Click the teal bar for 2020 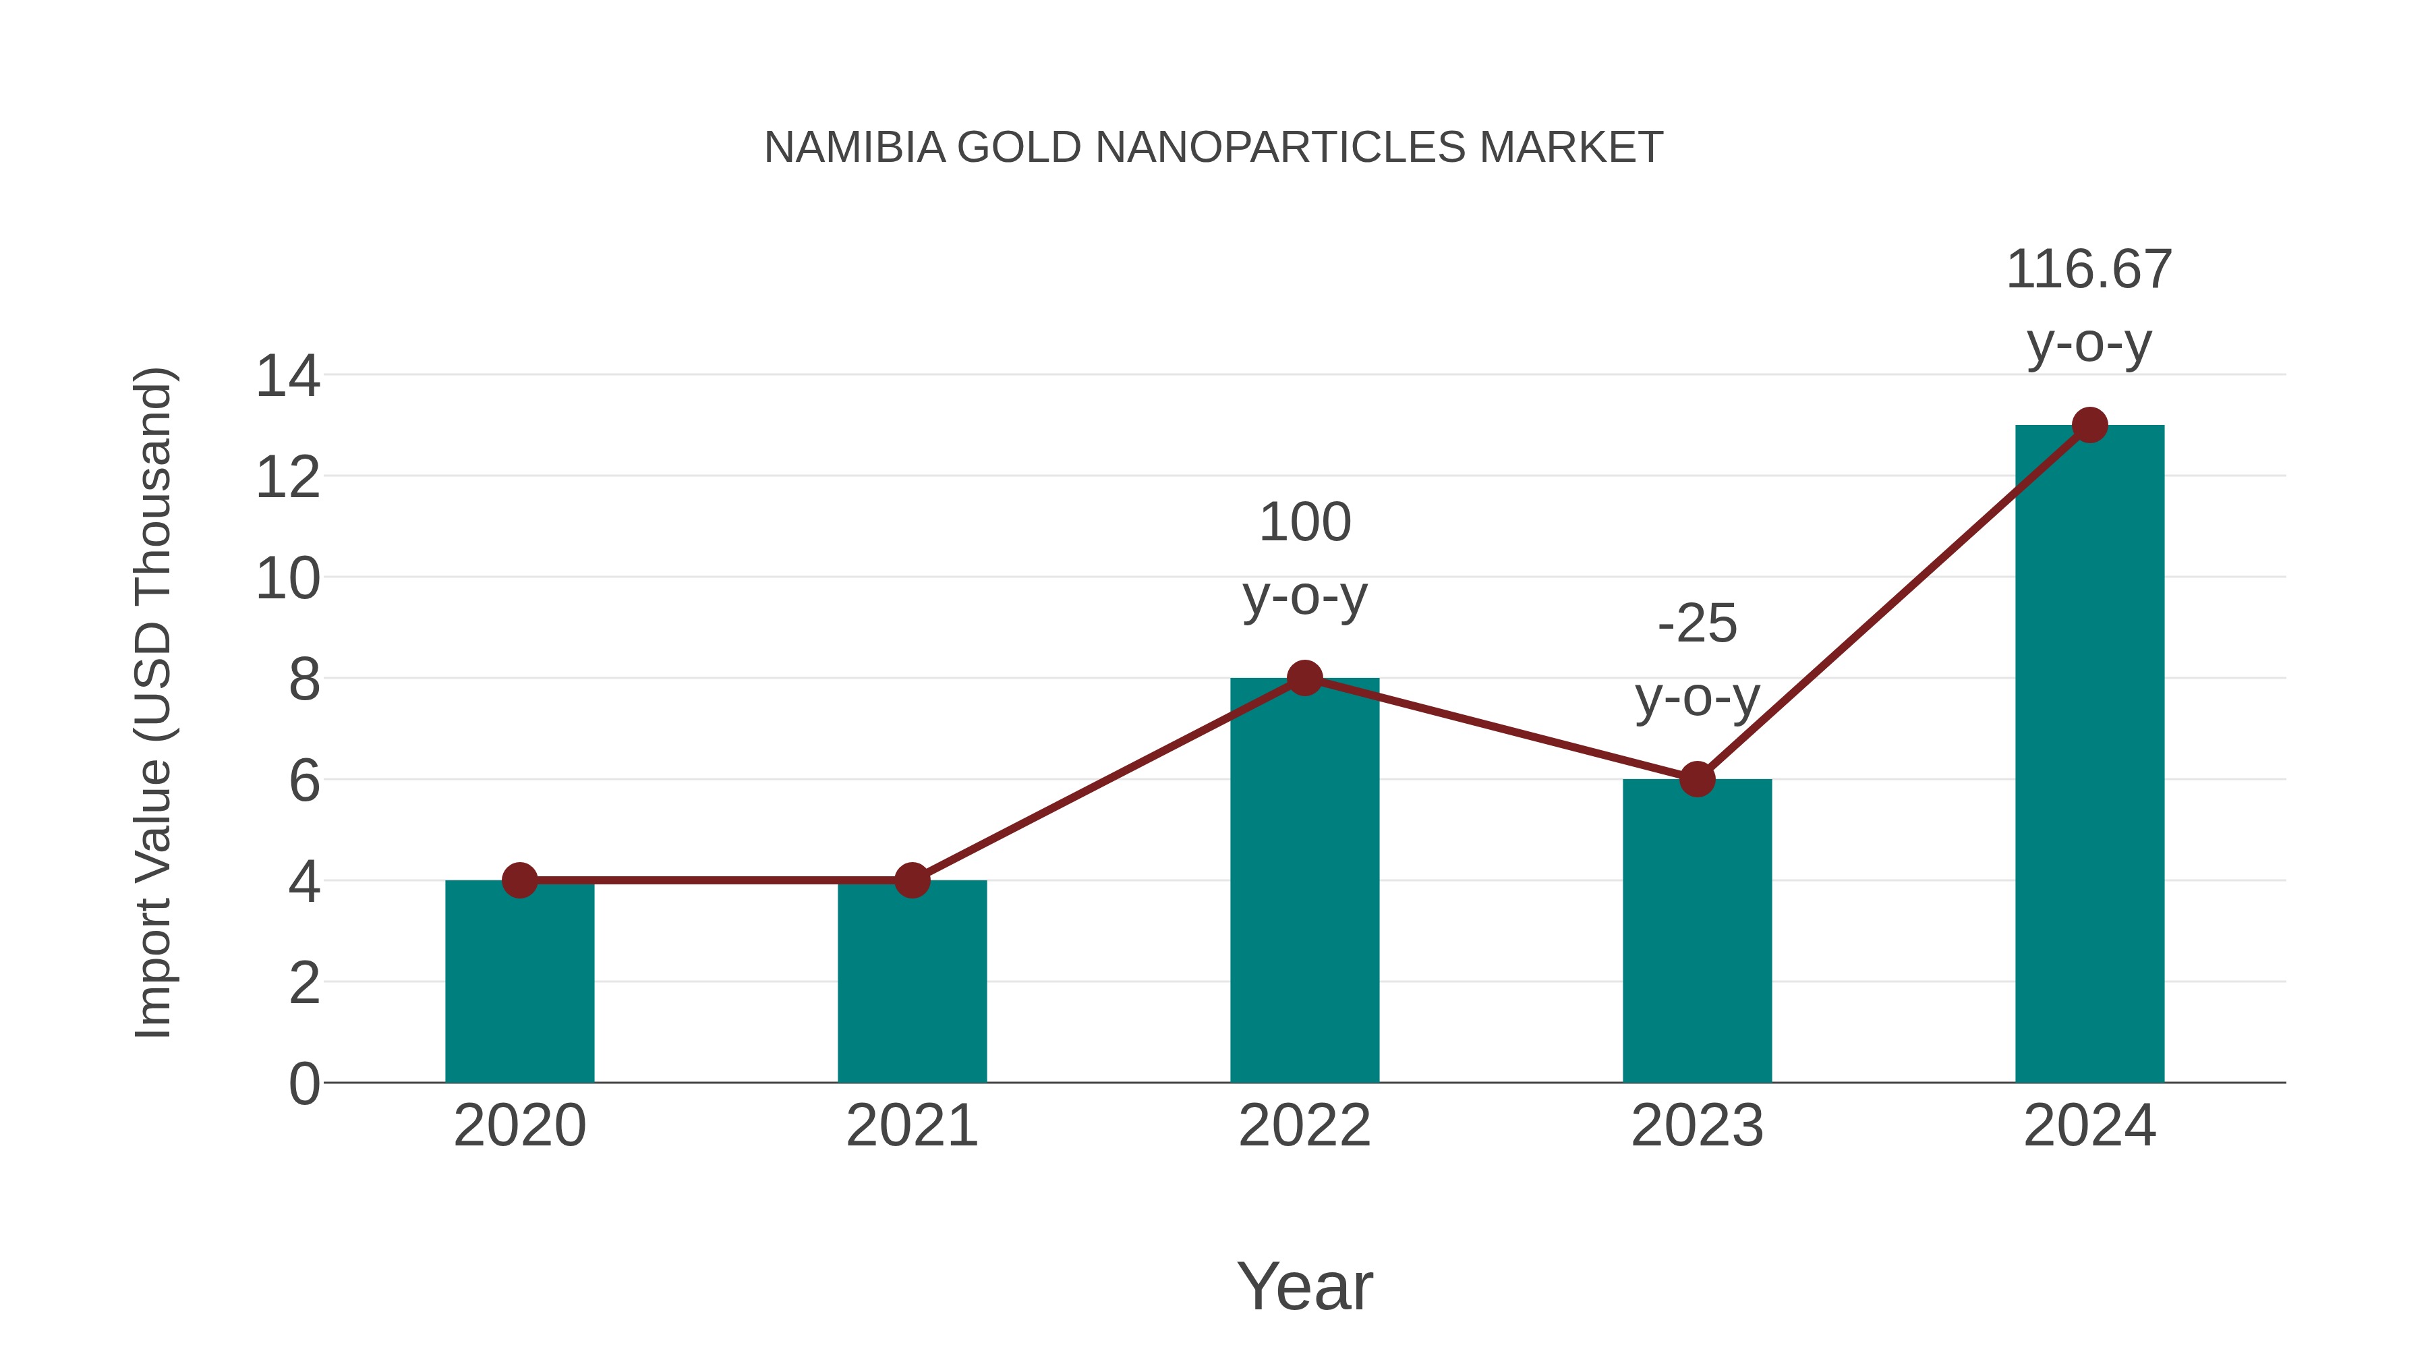519,985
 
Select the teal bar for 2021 911,985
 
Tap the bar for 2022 1304,886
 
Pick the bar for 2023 1697,934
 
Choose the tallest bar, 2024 2089,754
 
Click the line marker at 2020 519,880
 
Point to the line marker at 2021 911,880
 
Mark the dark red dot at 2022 1304,678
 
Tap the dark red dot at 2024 2089,425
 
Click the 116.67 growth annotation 2089,270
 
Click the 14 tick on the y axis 287,377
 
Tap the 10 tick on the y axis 287,579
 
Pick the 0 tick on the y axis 303,1084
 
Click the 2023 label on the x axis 1697,1126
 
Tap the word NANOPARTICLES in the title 1280,148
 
